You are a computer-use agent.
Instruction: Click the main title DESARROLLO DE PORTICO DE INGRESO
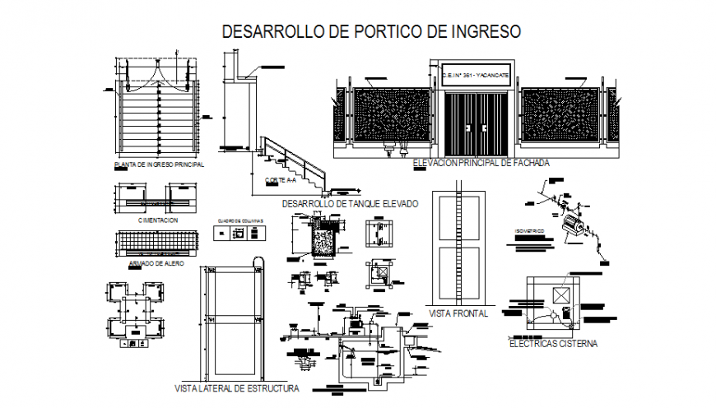click(372, 32)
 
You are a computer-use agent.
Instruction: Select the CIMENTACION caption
click(158, 220)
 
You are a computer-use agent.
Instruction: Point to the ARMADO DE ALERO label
click(156, 263)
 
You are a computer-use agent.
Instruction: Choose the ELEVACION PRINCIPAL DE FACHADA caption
click(481, 163)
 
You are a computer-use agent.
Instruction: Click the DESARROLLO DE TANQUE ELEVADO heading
click(350, 203)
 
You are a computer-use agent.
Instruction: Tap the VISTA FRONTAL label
click(458, 313)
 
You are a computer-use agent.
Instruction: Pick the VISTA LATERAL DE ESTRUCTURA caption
click(237, 387)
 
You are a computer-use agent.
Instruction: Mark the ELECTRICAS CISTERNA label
click(552, 344)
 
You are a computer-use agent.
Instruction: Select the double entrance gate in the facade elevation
click(475, 123)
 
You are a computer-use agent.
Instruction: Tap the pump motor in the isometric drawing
click(574, 225)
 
